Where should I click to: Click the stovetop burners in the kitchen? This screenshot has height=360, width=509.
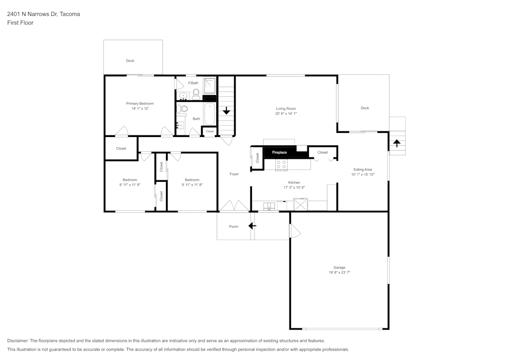tap(281, 165)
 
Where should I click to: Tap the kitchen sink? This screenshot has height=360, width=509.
tap(269, 206)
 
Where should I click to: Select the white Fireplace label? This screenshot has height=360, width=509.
tap(279, 152)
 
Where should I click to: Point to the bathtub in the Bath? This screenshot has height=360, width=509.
tap(210, 114)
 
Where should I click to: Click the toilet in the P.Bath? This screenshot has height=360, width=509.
tap(196, 93)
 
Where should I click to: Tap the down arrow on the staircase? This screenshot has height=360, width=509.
tap(227, 110)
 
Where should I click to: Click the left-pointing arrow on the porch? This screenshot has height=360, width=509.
tap(252, 226)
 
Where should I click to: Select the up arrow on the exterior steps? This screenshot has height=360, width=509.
tap(397, 143)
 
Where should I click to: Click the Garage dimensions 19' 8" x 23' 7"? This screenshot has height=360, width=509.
tap(340, 273)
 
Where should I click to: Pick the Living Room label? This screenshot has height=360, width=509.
tap(286, 108)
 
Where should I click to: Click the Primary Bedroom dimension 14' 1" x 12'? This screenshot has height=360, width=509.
tap(139, 108)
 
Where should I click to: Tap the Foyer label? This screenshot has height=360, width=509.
tap(234, 174)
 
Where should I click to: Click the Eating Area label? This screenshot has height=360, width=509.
tap(362, 169)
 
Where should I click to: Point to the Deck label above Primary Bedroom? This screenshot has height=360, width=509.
tap(130, 61)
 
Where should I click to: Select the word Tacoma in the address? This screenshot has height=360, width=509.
tap(69, 14)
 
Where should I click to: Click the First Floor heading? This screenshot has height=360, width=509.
tap(20, 23)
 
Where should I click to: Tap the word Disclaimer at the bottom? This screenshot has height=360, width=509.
tap(18, 341)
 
